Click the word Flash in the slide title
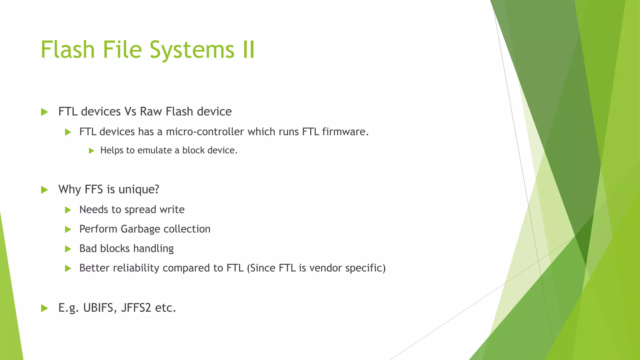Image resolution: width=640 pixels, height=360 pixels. pyautogui.click(x=67, y=49)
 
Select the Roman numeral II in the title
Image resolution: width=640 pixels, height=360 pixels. pyautogui.click(x=249, y=49)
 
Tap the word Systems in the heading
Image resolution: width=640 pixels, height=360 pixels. pyautogui.click(x=192, y=50)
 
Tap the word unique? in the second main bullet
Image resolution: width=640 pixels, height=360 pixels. pyautogui.click(x=139, y=189)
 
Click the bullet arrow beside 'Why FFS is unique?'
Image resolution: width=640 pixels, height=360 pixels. pyautogui.click(x=44, y=190)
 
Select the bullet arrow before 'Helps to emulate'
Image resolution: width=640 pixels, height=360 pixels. pyautogui.click(x=91, y=151)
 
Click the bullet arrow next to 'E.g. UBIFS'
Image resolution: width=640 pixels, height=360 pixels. pyautogui.click(x=44, y=308)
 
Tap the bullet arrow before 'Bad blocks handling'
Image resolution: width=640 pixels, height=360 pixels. pyautogui.click(x=68, y=249)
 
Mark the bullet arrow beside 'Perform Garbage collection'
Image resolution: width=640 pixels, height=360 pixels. pyautogui.click(x=68, y=229)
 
